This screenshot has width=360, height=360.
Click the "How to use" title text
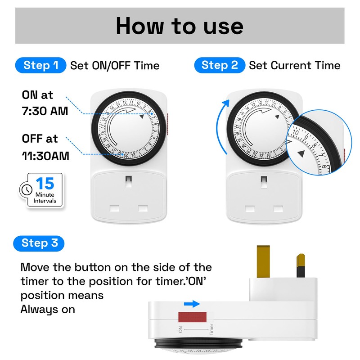pos(180,26)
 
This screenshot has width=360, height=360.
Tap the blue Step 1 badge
pos(41,65)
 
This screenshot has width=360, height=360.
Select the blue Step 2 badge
pos(220,65)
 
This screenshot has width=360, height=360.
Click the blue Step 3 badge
pos(40,243)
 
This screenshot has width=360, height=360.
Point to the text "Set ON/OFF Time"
pos(115,66)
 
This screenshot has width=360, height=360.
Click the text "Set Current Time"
pos(294,66)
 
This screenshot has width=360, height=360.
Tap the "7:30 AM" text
pos(45,110)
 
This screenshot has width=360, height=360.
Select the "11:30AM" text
pos(45,156)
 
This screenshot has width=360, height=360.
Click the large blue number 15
pos(45,184)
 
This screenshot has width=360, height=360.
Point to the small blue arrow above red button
pos(192,304)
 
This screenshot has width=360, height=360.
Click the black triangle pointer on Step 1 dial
pos(143,117)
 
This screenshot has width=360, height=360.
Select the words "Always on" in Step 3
pos(48,309)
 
